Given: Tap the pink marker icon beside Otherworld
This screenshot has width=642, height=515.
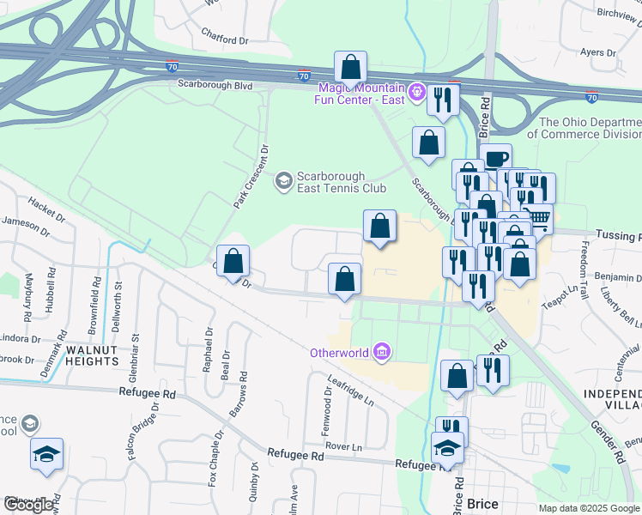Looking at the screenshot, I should (x=383, y=352).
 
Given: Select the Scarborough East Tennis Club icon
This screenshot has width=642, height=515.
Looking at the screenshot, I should (x=283, y=181).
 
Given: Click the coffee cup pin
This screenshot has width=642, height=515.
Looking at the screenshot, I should (x=496, y=157).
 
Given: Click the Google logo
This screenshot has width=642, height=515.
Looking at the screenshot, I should (x=29, y=505).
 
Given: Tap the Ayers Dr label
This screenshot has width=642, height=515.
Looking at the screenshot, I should (x=598, y=52).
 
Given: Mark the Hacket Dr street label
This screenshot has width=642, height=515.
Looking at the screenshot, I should (x=47, y=207).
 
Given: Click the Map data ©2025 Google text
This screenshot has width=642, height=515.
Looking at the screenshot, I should (x=588, y=508).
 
